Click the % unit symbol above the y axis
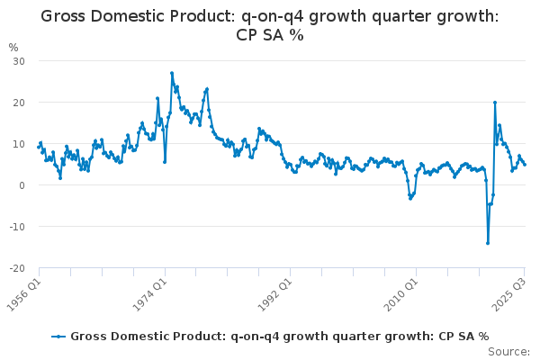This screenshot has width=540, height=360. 13,47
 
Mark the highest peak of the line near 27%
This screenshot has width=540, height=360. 172,73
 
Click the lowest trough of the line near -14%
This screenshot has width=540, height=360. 488,243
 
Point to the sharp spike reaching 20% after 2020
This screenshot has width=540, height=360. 495,103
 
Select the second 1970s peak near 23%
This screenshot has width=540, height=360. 207,89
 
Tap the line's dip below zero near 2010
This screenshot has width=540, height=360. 410,198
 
